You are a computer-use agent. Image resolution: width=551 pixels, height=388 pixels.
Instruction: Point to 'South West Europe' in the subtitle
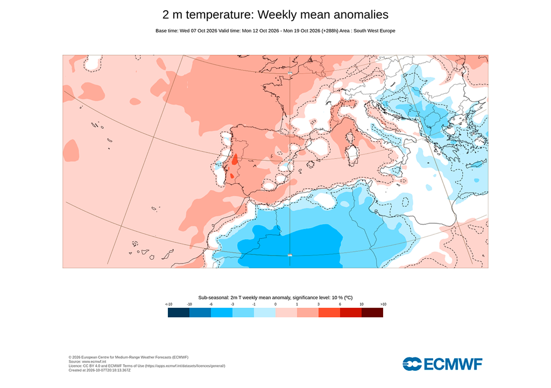pos(375,31)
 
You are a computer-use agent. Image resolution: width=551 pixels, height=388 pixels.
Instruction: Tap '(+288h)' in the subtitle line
pos(330,31)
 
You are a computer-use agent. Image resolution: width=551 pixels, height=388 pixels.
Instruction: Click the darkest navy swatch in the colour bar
pos(179,313)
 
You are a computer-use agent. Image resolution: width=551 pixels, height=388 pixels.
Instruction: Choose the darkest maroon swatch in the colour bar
pos(372,313)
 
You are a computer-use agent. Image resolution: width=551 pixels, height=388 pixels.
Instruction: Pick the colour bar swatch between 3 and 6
pos(329,313)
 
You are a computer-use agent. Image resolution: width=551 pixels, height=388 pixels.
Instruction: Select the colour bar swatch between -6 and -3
pos(222,313)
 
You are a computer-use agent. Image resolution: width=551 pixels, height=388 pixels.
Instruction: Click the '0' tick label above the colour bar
pos(275,304)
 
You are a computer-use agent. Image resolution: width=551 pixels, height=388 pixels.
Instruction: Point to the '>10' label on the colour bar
pos(383,304)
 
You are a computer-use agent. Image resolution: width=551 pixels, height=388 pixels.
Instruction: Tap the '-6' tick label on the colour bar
pos(211,304)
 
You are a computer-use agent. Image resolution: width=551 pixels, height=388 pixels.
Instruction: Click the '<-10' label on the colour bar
pos(168,304)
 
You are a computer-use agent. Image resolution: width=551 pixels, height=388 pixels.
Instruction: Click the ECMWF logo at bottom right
pos(442,364)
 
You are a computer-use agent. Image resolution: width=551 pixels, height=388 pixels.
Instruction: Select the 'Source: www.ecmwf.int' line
pos(87,362)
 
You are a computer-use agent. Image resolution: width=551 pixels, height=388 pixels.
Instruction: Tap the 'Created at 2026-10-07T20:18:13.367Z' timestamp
pos(100,370)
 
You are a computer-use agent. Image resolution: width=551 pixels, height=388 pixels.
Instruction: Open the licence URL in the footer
pos(185,366)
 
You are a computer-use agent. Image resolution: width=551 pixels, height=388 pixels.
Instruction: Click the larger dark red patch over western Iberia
pos(235,160)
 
